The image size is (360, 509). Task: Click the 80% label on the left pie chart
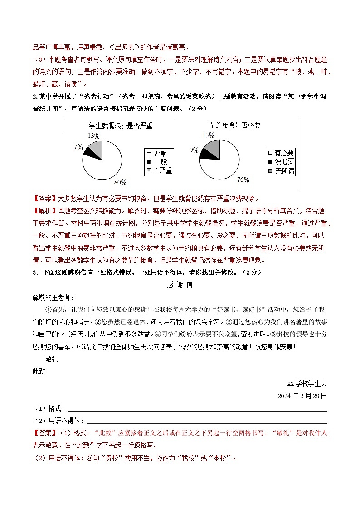tap(120, 182)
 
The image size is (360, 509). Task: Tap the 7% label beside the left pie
tap(78, 147)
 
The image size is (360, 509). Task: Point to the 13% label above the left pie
tap(93, 136)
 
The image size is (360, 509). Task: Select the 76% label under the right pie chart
tap(243, 180)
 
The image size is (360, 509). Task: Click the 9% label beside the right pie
tap(194, 150)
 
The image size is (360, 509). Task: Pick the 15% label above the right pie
tap(208, 135)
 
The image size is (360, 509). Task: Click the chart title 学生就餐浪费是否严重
tap(120, 126)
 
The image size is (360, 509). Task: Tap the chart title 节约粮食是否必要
tap(235, 125)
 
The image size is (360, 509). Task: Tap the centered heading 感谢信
tap(180, 285)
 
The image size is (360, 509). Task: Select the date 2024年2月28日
tap(302, 395)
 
